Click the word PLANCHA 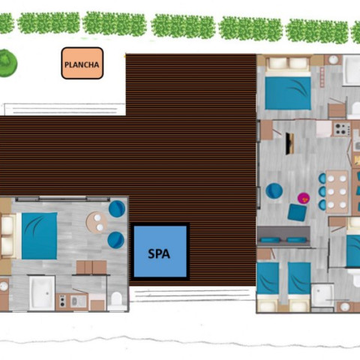click(x=82, y=65)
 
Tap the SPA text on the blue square click(x=159, y=254)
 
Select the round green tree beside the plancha click(x=7, y=63)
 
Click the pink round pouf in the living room click(x=304, y=198)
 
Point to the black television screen click(x=289, y=143)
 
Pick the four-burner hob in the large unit click(x=342, y=129)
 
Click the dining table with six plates click(x=337, y=192)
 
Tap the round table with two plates click(x=97, y=223)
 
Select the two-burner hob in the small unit click(x=62, y=301)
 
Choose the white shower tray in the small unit click(x=42, y=293)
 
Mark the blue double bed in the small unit click(x=39, y=235)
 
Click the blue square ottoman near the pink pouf click(x=297, y=212)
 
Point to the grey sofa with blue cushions click(x=284, y=237)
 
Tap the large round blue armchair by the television click(x=274, y=191)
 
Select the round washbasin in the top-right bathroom click(x=334, y=60)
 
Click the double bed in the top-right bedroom click(x=288, y=84)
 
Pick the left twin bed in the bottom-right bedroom click(x=268, y=286)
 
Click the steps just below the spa click(x=190, y=294)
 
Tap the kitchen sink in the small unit click(x=75, y=301)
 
